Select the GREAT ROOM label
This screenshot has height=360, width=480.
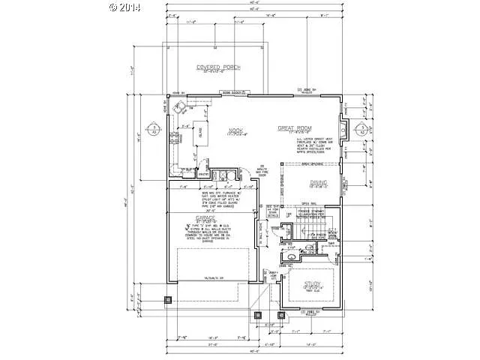(x=295, y=127)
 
